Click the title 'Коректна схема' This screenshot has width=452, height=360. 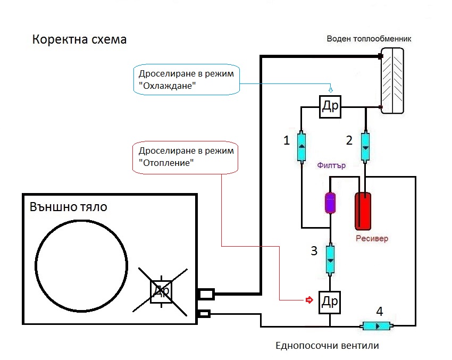point(80,40)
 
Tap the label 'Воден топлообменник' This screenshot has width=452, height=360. point(370,39)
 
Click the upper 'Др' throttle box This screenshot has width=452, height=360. point(330,106)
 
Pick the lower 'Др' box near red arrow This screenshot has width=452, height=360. point(330,302)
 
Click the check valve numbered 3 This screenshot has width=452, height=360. point(330,259)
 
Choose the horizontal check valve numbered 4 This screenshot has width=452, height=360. point(376,325)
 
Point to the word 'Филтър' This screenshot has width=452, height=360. point(331,165)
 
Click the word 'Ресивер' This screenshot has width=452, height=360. point(372,238)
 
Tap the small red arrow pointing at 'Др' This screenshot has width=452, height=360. point(308,300)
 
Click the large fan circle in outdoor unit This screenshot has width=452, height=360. point(81,264)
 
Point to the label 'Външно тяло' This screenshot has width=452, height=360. point(68,206)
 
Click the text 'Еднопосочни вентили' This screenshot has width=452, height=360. point(328,345)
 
